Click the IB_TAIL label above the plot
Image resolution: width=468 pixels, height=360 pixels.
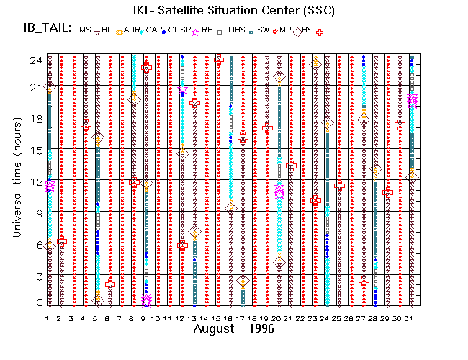coord(45,29)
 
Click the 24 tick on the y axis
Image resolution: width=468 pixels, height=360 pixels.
coord(34,60)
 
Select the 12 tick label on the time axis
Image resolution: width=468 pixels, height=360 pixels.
coord(34,180)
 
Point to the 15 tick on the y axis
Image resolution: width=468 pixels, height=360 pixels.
coord(34,150)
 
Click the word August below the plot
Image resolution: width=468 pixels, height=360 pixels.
coord(214,329)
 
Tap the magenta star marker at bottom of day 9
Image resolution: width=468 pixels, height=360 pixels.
coord(147,298)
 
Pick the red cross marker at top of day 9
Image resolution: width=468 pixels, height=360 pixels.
coord(147,67)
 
